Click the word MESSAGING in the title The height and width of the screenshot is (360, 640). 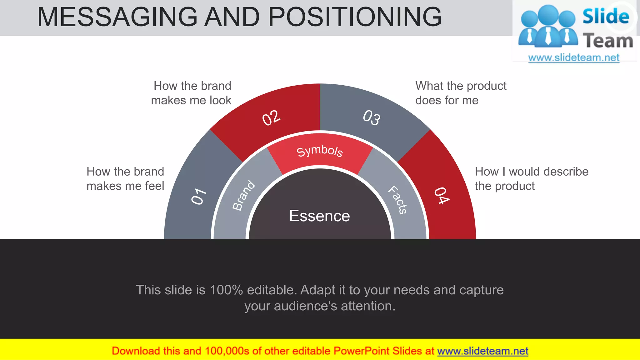click(x=117, y=17)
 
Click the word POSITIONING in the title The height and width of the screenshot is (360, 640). click(x=355, y=17)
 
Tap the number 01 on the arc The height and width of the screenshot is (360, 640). click(x=199, y=196)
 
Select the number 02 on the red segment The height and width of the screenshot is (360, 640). click(x=271, y=118)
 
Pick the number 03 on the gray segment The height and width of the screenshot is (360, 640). click(x=372, y=118)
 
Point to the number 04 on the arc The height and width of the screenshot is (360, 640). click(x=442, y=196)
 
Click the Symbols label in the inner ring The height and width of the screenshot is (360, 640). click(x=320, y=151)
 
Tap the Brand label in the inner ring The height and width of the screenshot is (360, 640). click(x=244, y=195)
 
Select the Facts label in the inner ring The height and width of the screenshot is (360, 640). click(x=397, y=200)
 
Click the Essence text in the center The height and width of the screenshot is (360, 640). click(x=319, y=216)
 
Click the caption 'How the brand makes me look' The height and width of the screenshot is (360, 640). click(x=191, y=93)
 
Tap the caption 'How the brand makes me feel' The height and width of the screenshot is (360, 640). click(x=125, y=179)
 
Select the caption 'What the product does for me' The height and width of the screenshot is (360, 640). click(x=461, y=93)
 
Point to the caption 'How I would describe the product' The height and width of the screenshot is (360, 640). click(x=531, y=179)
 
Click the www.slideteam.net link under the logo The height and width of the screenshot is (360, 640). click(x=574, y=58)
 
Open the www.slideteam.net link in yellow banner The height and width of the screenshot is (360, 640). click(x=482, y=351)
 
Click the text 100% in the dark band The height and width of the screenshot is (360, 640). click(x=226, y=290)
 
